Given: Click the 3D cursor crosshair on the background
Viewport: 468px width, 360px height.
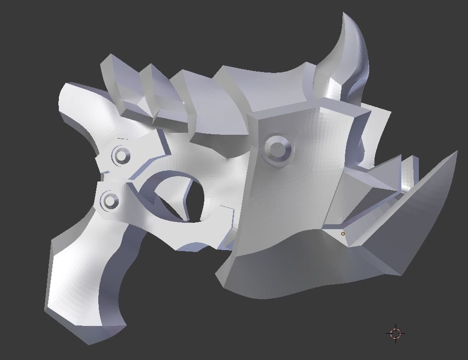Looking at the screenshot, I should [396, 333].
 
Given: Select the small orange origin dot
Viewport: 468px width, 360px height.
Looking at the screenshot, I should [343, 234].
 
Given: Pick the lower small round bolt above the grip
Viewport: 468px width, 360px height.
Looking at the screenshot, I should [110, 200].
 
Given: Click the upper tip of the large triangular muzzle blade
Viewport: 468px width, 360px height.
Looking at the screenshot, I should [456, 152].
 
